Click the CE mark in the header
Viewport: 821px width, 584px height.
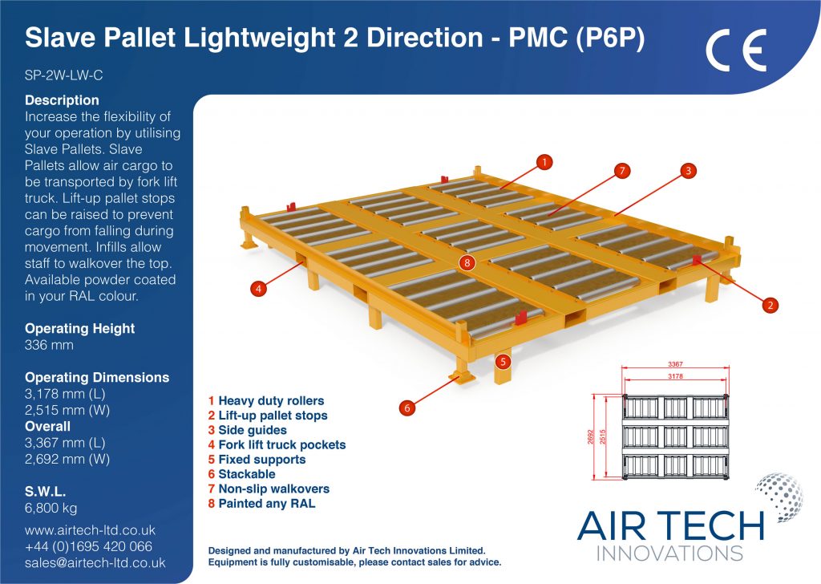736,51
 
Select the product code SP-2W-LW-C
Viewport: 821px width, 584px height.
64,75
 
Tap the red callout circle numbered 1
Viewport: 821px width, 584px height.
544,162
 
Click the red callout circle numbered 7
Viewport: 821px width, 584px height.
622,171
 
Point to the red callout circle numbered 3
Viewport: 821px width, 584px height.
689,170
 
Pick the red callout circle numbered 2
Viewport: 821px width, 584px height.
770,305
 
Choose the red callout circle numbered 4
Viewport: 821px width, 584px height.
258,288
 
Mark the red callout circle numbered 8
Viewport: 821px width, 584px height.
467,263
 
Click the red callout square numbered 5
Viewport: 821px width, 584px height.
504,362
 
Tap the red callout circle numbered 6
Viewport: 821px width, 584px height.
406,408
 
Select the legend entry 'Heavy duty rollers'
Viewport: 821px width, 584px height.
266,401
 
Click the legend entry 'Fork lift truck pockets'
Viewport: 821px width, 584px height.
277,445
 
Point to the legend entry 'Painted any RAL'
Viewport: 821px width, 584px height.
262,504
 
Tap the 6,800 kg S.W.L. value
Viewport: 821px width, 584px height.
51,508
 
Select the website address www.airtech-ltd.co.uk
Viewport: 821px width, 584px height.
90,530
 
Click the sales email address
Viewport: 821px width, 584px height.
95,563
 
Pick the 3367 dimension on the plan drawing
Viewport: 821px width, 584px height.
675,364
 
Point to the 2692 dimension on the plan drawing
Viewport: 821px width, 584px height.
591,437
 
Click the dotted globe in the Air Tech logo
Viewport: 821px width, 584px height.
779,497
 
